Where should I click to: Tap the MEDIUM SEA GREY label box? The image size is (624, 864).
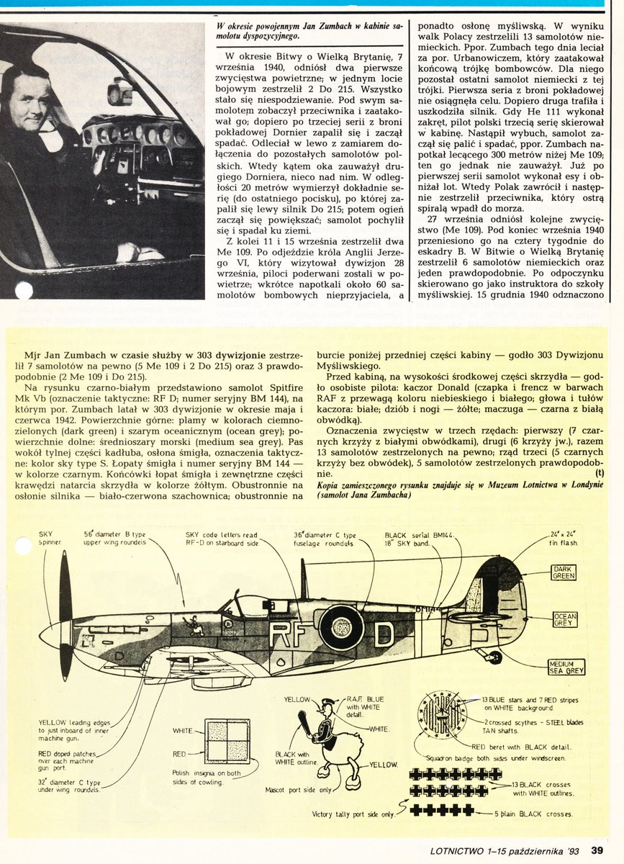pos(566,667)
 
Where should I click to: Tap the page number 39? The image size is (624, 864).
pos(597,850)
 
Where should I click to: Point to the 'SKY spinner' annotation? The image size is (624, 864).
pos(50,539)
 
